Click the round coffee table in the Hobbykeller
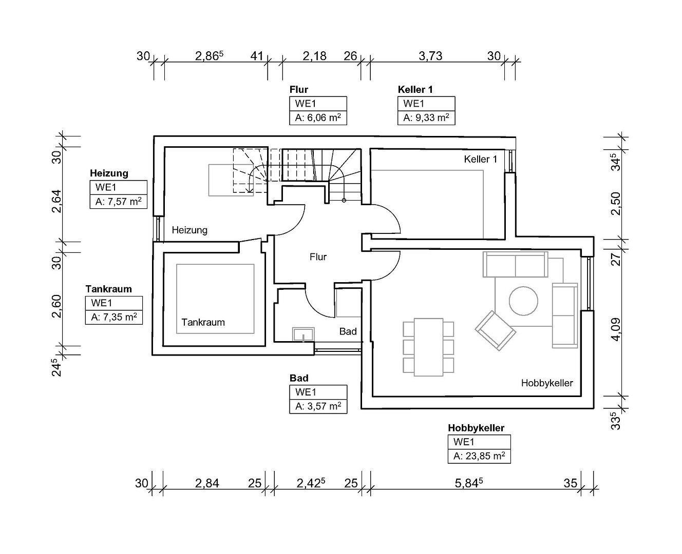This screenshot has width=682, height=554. tap(523, 301)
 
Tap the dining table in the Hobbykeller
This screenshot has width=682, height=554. tap(428, 347)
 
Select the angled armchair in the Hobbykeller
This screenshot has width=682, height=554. tap(496, 330)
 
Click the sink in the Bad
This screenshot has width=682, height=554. tap(303, 334)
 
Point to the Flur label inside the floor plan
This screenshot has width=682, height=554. tap(318, 257)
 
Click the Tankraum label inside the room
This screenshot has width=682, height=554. tap(203, 322)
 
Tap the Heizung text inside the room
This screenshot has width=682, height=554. tap(190, 230)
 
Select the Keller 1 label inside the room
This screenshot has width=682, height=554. tap(481, 159)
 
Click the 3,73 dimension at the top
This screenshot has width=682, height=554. tap(430, 56)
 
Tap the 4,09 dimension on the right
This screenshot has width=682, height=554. tap(615, 329)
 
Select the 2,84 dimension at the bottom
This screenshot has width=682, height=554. tap(207, 483)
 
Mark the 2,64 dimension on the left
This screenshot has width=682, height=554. tap(56, 201)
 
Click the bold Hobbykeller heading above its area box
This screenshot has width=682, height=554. tap(476, 428)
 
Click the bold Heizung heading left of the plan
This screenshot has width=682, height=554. tap(109, 173)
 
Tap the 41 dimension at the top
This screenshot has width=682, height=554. tap(256, 56)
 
